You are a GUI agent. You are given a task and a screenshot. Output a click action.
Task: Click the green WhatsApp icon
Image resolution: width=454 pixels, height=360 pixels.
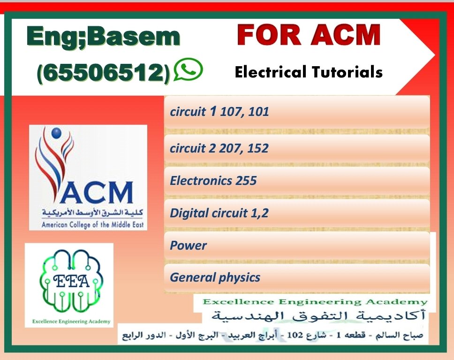pos(188,69)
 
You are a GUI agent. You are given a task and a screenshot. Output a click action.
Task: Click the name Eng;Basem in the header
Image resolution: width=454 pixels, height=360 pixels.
pos(103,37)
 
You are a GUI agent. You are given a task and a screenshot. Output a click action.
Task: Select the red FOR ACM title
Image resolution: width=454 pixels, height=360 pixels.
pos(308,35)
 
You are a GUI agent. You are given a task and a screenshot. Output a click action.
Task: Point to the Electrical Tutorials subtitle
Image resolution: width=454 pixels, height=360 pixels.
pos(309,72)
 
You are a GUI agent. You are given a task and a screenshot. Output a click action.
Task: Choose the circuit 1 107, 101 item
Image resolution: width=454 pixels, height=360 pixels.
pos(219,112)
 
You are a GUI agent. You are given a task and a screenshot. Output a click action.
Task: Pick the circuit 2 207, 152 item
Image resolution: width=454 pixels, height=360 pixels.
pos(219,149)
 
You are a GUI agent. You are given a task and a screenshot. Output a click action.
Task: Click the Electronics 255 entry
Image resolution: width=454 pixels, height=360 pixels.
pos(213,181)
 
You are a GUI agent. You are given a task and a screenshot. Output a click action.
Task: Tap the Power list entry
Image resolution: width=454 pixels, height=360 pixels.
pos(188,245)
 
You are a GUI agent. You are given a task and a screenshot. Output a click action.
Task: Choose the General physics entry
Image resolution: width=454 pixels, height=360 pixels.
pos(215,277)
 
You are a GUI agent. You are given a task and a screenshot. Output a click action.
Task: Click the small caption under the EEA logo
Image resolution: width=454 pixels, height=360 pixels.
pos(69,322)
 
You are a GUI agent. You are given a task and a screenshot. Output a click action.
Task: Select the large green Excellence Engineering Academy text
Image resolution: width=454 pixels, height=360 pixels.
pos(315,302)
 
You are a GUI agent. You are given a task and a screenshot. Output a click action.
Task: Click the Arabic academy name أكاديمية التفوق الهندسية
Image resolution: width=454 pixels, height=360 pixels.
pos(319,315)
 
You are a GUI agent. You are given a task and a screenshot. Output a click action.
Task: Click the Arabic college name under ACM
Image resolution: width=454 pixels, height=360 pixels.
pos(88,214)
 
